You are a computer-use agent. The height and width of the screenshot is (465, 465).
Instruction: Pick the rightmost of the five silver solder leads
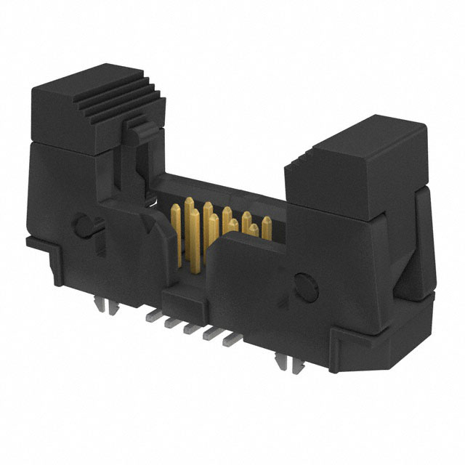pyautogui.click(x=228, y=337)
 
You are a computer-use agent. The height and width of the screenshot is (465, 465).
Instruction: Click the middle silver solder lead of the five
pyautogui.click(x=190, y=327)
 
